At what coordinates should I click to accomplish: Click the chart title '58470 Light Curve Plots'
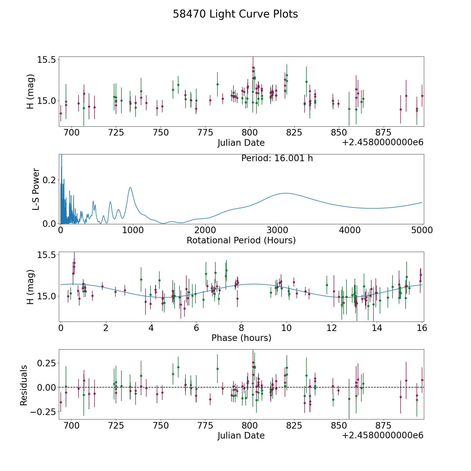click(235, 14)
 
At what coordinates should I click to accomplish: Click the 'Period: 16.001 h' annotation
click(277, 158)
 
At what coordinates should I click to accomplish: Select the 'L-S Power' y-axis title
click(36, 189)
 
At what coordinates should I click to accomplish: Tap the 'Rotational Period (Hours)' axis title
click(241, 240)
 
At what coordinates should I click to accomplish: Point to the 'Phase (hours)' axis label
click(241, 338)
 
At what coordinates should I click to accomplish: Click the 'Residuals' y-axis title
click(24, 385)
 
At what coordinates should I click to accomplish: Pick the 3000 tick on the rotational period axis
click(277, 230)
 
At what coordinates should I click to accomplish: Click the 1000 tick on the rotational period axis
click(133, 230)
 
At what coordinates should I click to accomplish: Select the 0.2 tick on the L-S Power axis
click(50, 180)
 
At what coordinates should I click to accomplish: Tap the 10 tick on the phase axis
click(287, 328)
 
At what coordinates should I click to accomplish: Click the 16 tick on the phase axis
click(422, 328)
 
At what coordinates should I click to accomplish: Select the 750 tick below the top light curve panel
click(161, 133)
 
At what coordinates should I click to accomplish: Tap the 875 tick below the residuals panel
click(383, 425)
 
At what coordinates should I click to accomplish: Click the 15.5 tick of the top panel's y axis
click(47, 60)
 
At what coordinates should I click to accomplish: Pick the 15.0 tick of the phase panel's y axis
click(47, 296)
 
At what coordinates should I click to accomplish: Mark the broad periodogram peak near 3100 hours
click(285, 193)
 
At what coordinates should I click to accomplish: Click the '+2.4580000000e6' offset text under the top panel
click(383, 143)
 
